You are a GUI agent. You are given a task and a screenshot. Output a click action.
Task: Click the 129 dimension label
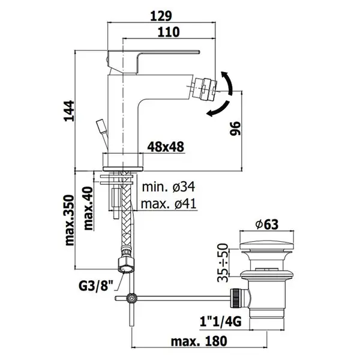161,16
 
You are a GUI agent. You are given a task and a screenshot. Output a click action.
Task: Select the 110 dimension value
169,32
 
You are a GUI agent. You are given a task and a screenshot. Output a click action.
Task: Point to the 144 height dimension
69,111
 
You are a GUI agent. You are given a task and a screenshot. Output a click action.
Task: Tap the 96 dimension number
235,128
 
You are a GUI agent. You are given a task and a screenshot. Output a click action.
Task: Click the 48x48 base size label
166,146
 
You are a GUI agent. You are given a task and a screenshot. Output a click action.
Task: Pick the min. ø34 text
169,187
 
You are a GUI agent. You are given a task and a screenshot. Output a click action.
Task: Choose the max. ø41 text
169,203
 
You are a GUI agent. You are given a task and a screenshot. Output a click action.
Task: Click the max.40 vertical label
88,208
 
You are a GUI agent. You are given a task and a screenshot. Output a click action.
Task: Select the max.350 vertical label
70,220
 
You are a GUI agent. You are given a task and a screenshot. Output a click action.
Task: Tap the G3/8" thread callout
97,286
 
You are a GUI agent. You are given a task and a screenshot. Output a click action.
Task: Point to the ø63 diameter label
267,224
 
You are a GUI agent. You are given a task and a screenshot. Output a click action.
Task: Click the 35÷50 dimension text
223,263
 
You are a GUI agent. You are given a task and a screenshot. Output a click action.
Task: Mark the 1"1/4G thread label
221,322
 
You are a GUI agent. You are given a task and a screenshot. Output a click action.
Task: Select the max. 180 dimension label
199,341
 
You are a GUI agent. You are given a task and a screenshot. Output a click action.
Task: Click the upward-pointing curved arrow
227,82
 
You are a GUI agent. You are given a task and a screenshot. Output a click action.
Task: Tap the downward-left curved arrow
218,109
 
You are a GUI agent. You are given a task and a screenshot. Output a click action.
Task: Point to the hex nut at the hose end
125,265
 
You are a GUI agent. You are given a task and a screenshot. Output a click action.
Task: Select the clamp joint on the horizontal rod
131,298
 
